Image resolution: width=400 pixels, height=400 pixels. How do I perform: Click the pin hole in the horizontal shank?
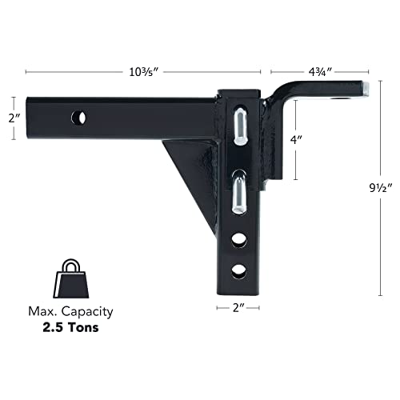click(81, 118)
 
